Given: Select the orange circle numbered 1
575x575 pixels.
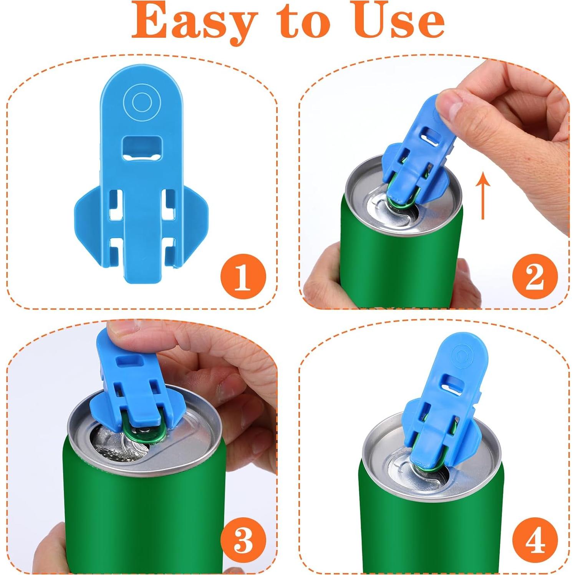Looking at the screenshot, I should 243,277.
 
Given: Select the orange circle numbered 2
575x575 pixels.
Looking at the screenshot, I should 535,277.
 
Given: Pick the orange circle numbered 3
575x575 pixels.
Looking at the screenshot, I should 243,540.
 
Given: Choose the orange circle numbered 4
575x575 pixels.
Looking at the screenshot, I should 535,540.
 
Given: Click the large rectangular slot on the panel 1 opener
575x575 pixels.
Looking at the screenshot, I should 142,148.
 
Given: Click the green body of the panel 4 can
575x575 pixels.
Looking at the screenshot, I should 430,530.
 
